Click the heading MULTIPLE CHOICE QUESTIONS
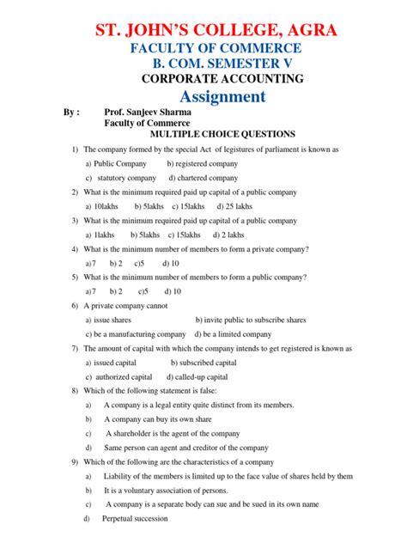[222, 134]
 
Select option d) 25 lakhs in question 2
[234, 206]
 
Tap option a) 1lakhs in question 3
[100, 235]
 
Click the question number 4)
[76, 248]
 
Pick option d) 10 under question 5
[169, 291]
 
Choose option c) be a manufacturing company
[136, 333]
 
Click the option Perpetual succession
[135, 519]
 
